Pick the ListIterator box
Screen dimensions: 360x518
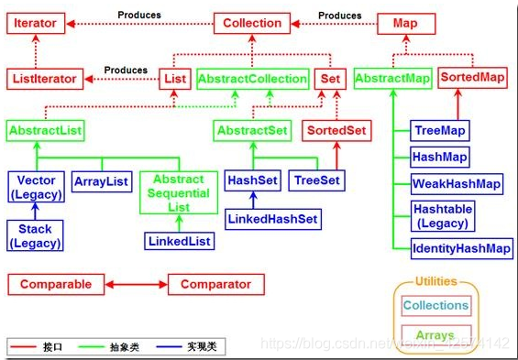click(44, 79)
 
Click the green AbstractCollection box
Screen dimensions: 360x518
click(251, 79)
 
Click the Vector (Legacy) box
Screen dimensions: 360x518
click(34, 188)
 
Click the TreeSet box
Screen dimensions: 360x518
click(317, 181)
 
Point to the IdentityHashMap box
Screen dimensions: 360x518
click(461, 248)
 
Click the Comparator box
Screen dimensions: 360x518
click(215, 284)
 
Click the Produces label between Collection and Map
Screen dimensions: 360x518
click(339, 16)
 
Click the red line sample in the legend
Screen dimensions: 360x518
click(24, 346)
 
